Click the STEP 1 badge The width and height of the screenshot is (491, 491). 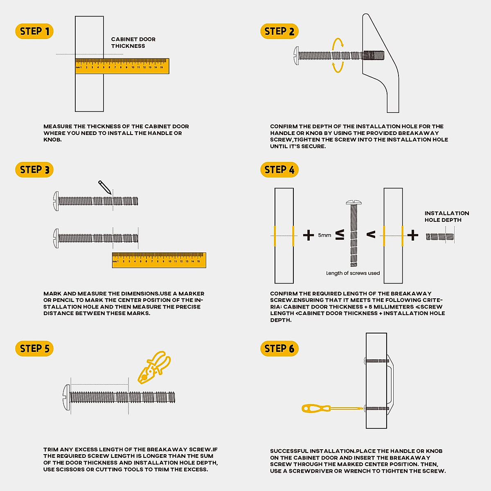coord(34,32)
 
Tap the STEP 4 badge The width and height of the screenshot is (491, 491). coord(279,170)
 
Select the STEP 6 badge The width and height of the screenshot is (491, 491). coord(279,349)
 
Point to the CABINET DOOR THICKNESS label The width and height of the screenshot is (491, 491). coord(133,43)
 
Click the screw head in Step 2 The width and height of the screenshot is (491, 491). coord(296,55)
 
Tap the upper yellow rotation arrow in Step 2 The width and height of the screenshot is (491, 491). coord(338,43)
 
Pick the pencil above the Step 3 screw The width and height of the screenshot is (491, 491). coord(105,187)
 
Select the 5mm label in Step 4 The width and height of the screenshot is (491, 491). coord(324,235)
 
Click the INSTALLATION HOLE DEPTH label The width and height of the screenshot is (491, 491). coord(446,216)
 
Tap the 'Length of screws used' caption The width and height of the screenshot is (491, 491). coord(353,273)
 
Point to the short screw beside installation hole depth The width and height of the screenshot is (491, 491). coord(440,236)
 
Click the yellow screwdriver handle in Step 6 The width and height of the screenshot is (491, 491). coord(315,408)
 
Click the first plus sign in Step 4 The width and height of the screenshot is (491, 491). coord(309,235)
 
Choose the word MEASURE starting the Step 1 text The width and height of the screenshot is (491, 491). coord(58,126)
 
